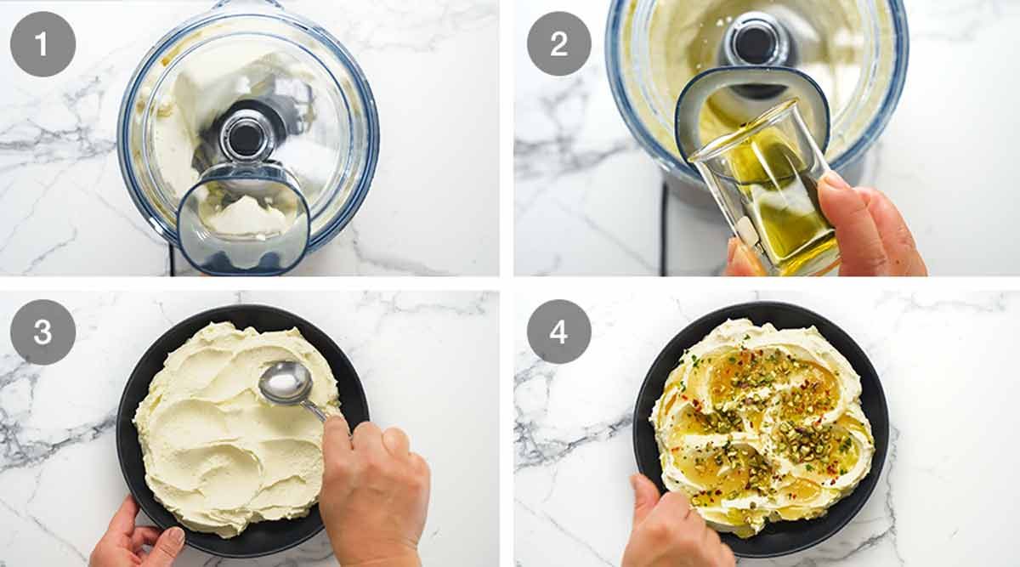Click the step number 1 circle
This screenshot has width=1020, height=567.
coord(42,44)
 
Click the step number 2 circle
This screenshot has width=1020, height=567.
coord(559,44)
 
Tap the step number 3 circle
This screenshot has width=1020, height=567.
coord(42,332)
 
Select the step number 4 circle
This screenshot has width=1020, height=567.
coord(559,332)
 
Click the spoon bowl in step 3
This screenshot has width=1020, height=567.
coord(285,383)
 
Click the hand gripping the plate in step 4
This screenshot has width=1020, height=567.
coord(671,527)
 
